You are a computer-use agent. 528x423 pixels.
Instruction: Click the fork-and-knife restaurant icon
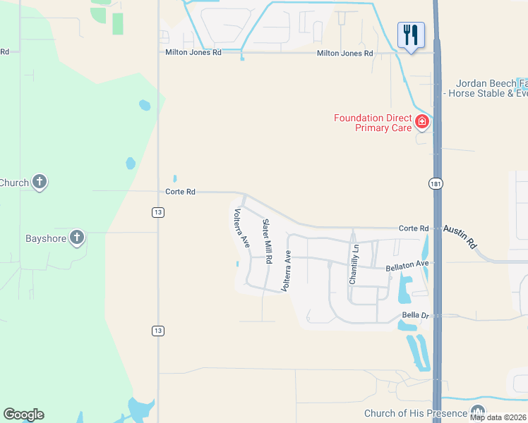coord(411,35)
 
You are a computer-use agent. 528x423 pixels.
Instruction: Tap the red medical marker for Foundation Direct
coord(422,122)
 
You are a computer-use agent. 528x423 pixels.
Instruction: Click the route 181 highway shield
coord(435,183)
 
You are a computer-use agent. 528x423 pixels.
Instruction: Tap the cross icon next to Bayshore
coord(77,238)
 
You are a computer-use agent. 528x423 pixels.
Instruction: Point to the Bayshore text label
coord(46,238)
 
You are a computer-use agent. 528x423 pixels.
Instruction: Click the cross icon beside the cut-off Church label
coord(40,183)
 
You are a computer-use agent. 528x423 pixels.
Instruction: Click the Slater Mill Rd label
coord(267,241)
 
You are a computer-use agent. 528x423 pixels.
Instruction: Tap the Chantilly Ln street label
coord(354,264)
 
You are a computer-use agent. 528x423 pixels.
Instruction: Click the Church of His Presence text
coord(415,413)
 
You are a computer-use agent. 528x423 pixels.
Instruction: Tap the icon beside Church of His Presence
coord(478,412)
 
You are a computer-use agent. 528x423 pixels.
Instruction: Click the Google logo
coord(23,415)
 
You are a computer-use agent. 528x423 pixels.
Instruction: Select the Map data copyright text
coord(498,417)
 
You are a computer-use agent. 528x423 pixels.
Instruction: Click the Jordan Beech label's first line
coord(492,82)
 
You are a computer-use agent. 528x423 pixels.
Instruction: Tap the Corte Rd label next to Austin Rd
coord(414,228)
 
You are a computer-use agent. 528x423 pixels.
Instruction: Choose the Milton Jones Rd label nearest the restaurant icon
coord(344,53)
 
